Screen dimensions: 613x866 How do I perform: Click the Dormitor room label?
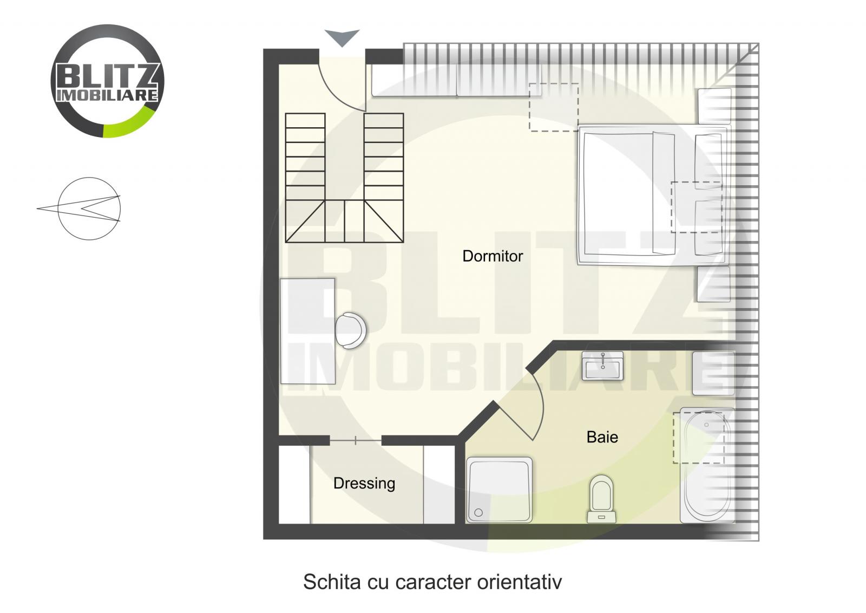(x=493, y=256)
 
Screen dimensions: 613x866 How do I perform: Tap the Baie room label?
(x=602, y=437)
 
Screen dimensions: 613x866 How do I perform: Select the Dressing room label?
(x=364, y=483)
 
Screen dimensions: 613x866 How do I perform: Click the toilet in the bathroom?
(x=601, y=498)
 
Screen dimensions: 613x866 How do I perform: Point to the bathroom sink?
(x=602, y=366)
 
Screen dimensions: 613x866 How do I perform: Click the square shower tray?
(x=499, y=490)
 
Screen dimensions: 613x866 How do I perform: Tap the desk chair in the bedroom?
(x=350, y=330)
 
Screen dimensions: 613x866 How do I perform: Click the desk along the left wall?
(x=307, y=331)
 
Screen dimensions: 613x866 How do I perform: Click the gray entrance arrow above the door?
(x=342, y=37)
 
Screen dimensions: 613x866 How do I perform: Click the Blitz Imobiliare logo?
(x=107, y=81)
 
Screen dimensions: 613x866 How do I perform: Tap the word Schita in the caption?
(x=332, y=582)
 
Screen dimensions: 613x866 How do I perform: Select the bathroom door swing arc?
(x=536, y=403)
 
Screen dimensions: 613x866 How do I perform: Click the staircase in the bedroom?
(x=344, y=178)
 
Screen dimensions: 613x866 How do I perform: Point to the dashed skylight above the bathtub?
(x=698, y=438)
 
